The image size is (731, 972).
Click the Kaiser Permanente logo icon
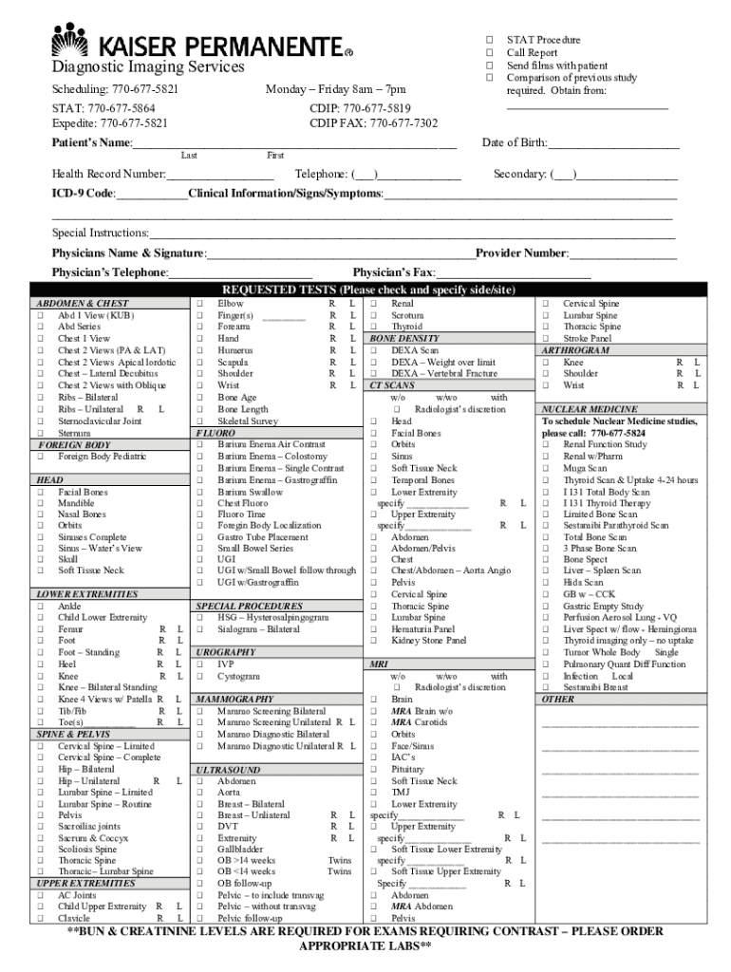coord(70,42)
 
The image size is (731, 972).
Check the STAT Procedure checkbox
coord(490,41)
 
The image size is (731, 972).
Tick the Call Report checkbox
coord(490,53)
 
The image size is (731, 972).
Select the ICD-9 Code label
coord(84,194)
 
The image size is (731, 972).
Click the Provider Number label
coord(521,253)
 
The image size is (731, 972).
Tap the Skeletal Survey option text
coord(248,421)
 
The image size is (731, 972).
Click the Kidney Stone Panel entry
coord(428,641)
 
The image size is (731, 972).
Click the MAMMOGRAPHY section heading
coord(234,699)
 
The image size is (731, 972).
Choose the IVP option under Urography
coord(225,664)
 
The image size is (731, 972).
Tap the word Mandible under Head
coord(76,504)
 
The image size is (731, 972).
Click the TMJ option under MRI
coord(401,792)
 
